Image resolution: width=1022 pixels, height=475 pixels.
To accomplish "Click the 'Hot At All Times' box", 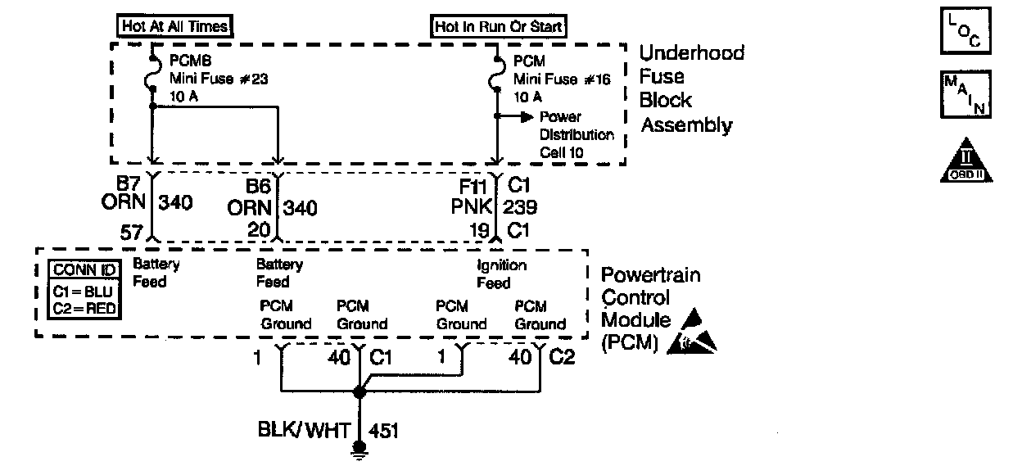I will click(174, 26).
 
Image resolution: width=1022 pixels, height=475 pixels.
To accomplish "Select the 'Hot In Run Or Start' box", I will click(500, 26).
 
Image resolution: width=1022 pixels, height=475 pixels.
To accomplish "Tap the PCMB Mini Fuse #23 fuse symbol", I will click(152, 79).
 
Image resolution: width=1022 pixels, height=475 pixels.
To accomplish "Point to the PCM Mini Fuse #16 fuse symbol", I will click(496, 79).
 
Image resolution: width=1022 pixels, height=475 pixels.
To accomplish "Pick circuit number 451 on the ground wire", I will click(385, 430).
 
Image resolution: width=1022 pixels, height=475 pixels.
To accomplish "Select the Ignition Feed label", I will click(501, 274).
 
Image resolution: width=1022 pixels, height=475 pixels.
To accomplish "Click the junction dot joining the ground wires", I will click(358, 392).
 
